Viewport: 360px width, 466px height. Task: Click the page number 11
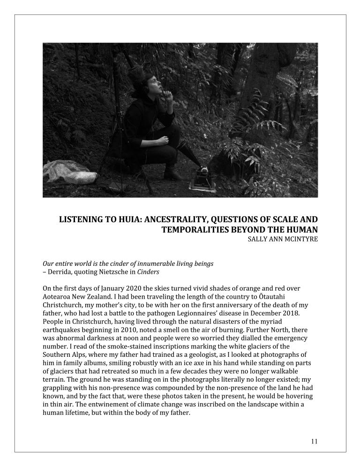[x=314, y=441]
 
